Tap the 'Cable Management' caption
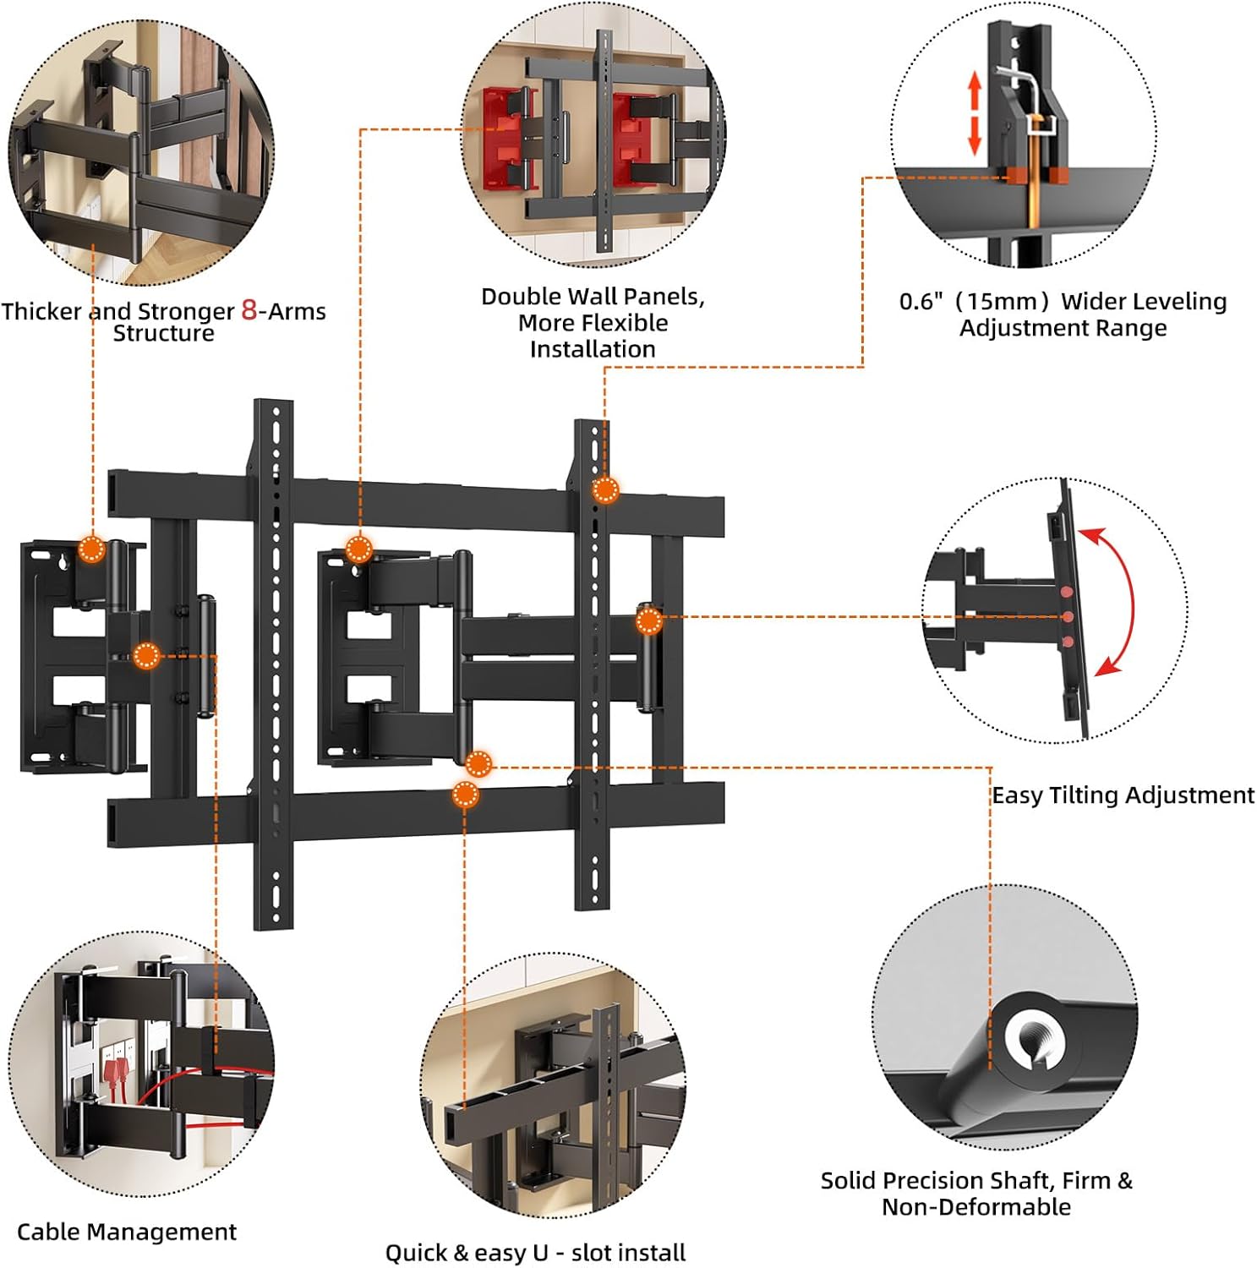127,1232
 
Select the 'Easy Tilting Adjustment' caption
1123,795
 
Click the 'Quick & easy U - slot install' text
535,1252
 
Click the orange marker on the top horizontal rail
605,490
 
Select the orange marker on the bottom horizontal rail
465,795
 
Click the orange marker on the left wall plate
91,549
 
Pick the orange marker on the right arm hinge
648,622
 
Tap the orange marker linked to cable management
146,655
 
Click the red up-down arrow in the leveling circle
974,112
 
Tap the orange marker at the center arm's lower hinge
478,764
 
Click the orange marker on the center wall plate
358,549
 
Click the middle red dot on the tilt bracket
1068,617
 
